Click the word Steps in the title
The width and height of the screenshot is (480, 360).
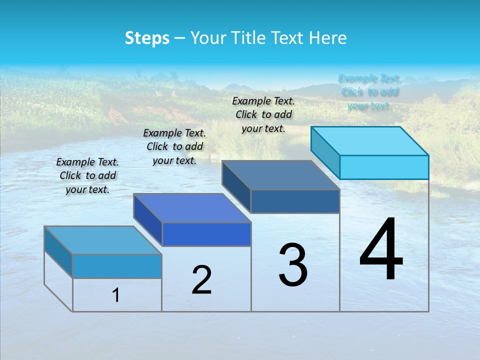pyautogui.click(x=147, y=38)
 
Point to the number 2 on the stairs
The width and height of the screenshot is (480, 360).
pyautogui.click(x=201, y=280)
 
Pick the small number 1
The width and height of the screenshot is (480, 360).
pyautogui.click(x=116, y=295)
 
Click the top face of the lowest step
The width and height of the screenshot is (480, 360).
pyautogui.click(x=103, y=240)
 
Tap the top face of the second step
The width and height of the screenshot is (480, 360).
pyautogui.click(x=192, y=208)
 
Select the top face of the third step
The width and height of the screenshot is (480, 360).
pyautogui.click(x=281, y=175)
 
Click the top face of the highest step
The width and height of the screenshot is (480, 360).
pyautogui.click(x=370, y=141)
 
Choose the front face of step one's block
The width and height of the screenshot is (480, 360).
pyautogui.click(x=117, y=266)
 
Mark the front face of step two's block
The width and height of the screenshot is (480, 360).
pyautogui.click(x=206, y=234)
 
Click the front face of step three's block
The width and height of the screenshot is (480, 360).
pyautogui.click(x=295, y=201)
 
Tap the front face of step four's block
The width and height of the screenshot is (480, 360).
pyautogui.click(x=384, y=167)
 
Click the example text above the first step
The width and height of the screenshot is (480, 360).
pyautogui.click(x=87, y=175)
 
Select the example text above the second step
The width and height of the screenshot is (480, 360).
pyautogui.click(x=174, y=146)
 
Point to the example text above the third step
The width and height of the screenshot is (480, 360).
pyautogui.click(x=263, y=114)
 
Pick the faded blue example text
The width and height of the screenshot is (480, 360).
pyautogui.click(x=369, y=92)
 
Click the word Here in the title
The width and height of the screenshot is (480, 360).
pyautogui.click(x=328, y=38)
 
